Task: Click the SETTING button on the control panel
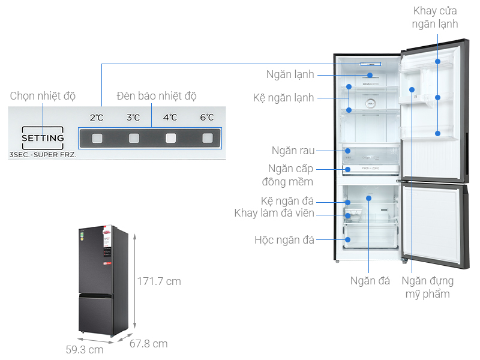click(x=43, y=138)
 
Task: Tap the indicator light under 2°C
click(x=97, y=139)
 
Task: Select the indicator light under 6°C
click(x=207, y=139)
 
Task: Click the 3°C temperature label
click(x=133, y=118)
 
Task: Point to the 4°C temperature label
click(x=170, y=118)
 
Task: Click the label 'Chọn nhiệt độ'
click(x=43, y=96)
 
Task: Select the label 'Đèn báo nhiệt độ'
click(x=157, y=96)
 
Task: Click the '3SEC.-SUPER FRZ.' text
click(x=43, y=155)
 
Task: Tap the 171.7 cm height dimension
click(x=158, y=281)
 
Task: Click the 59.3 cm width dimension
click(x=85, y=349)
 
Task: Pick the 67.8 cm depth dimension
click(x=149, y=344)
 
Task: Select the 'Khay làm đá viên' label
click(x=274, y=214)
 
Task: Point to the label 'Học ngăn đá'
click(x=284, y=240)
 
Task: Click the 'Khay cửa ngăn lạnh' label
click(x=436, y=17)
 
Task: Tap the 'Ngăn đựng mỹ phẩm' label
click(x=427, y=287)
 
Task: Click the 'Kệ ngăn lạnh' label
click(x=283, y=98)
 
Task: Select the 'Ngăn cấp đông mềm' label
click(x=292, y=175)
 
